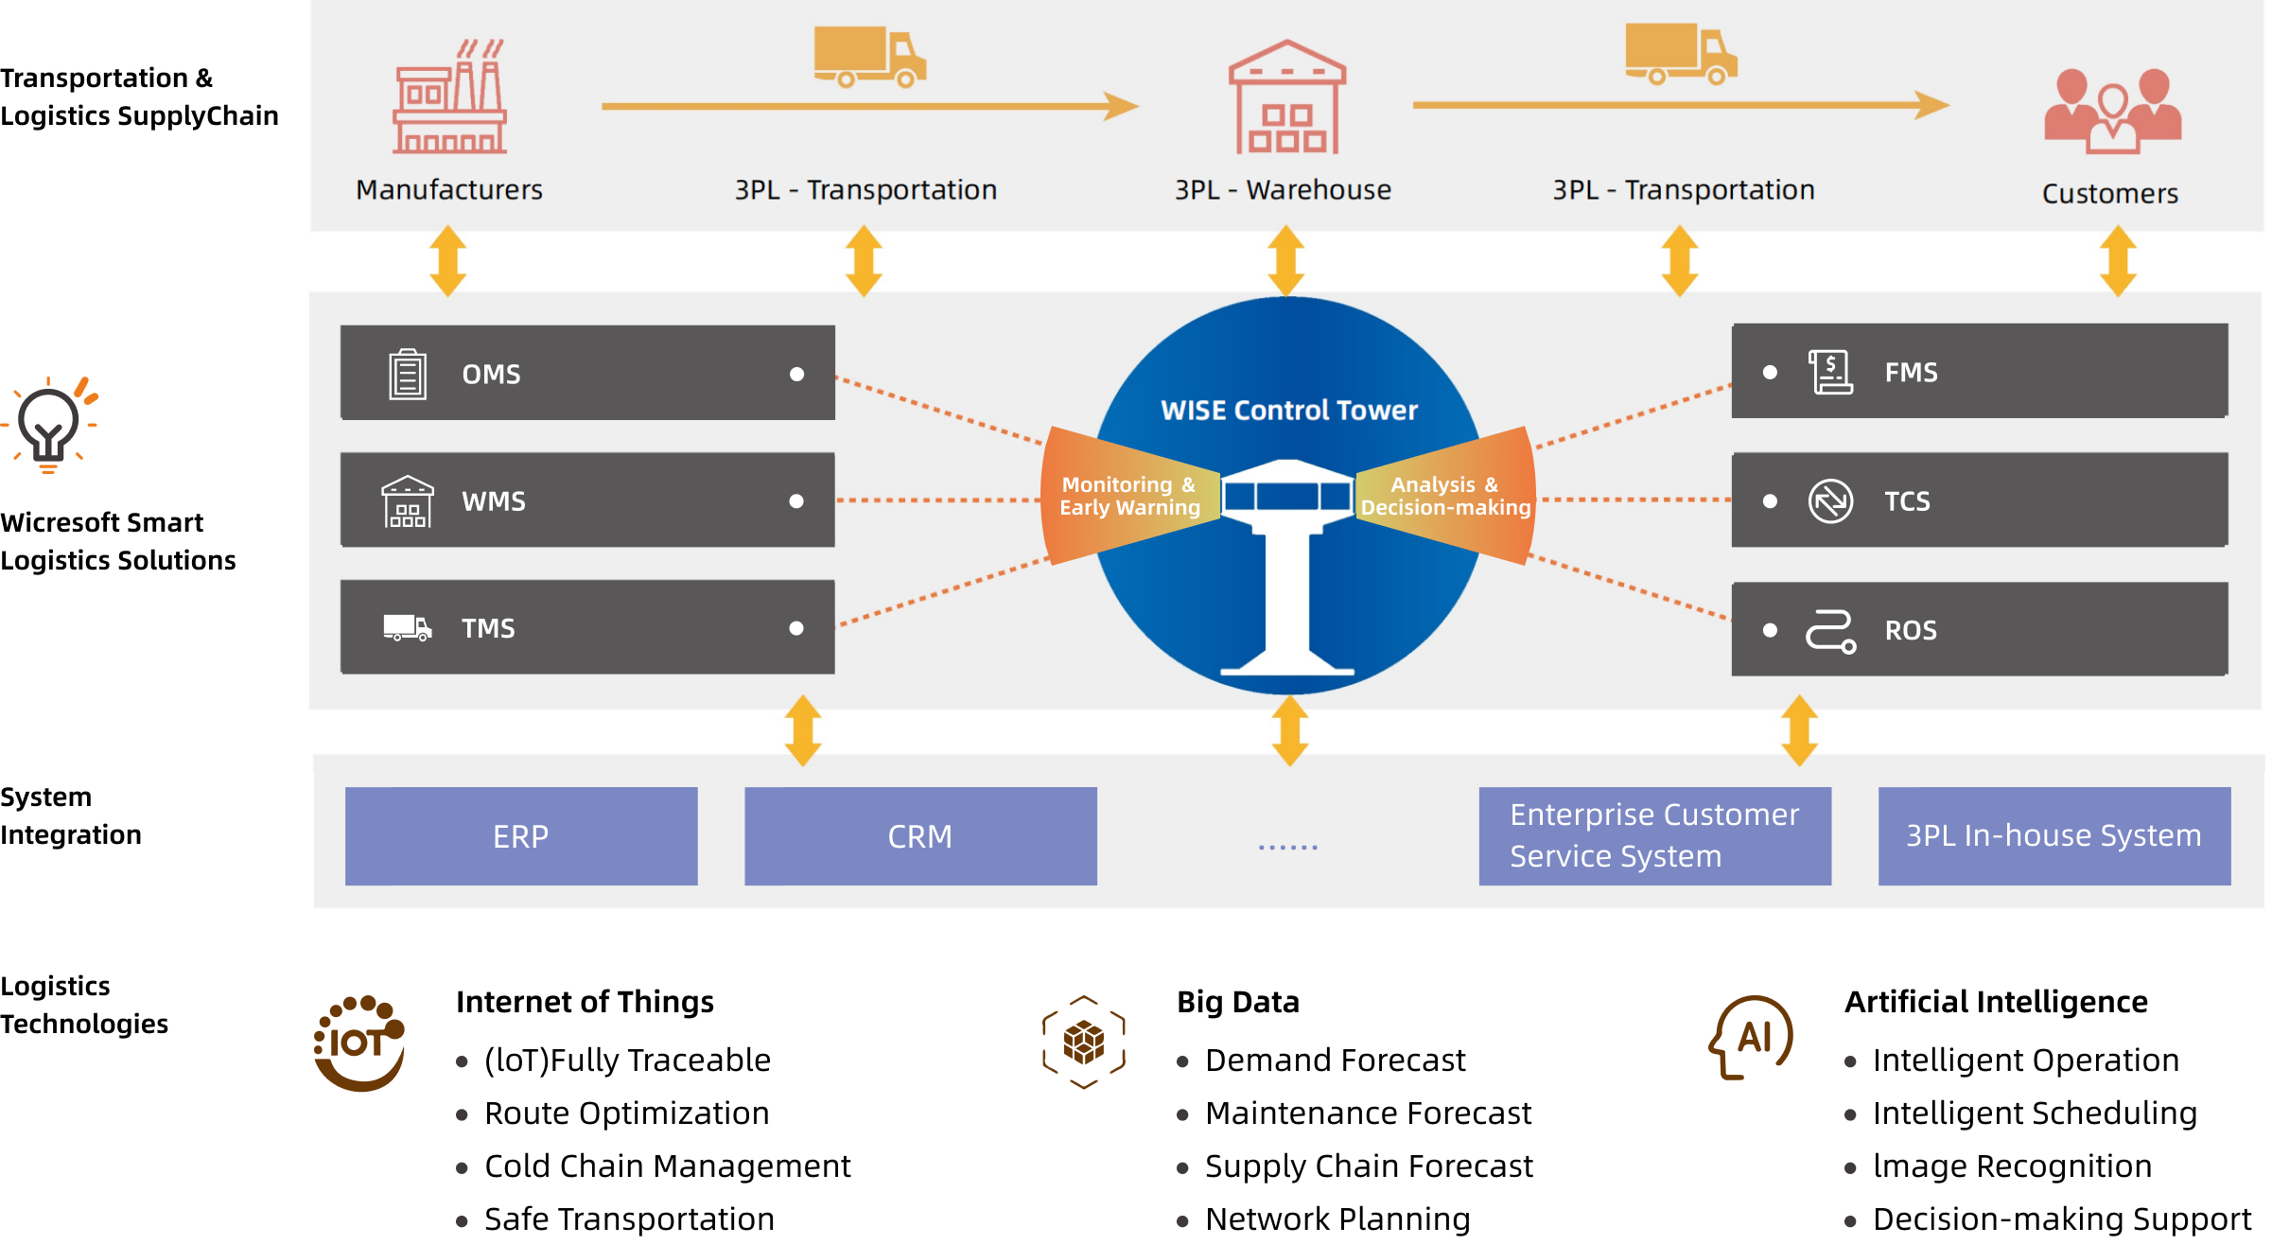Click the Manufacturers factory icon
point(450,96)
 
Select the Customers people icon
point(2112,111)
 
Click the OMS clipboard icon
point(408,374)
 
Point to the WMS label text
point(493,501)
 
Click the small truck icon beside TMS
point(408,628)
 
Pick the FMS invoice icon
point(1830,372)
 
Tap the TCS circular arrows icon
point(1830,500)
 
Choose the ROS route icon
point(1830,631)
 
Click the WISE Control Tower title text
point(1288,411)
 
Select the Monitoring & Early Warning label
point(1129,497)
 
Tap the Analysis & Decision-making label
point(1444,497)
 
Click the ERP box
point(521,836)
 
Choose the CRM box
point(920,836)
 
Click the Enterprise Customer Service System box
point(1654,836)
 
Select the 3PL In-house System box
point(2054,836)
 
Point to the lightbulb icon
point(50,426)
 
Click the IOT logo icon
point(359,1043)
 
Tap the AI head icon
point(1752,1038)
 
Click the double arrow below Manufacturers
point(448,261)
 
